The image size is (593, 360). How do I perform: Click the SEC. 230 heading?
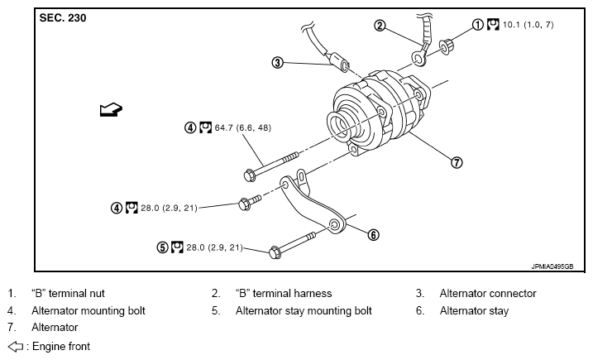63,17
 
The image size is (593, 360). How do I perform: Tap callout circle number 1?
477,25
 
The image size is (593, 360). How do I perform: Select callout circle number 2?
380,26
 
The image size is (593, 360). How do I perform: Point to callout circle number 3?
278,62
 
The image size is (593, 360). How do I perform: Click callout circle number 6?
373,234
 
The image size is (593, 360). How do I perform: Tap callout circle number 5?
162,247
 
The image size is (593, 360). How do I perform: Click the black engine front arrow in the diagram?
110,108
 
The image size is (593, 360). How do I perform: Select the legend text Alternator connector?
487,293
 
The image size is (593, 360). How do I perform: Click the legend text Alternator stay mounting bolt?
304,311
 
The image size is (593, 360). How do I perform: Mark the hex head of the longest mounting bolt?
250,175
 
